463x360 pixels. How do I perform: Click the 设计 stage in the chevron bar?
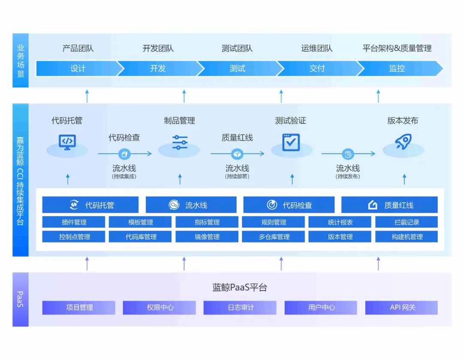pyautogui.click(x=78, y=68)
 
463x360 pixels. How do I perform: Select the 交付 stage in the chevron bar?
pyautogui.click(x=317, y=68)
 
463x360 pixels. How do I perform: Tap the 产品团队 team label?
pyautogui.click(x=78, y=48)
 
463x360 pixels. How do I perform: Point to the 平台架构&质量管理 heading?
pyautogui.click(x=397, y=48)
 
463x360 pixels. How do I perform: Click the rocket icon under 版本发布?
pyautogui.click(x=403, y=142)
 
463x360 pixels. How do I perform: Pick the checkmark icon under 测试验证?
pyautogui.click(x=291, y=142)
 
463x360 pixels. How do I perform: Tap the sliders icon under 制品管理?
pyautogui.click(x=180, y=142)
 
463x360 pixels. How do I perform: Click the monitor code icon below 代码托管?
pyautogui.click(x=67, y=141)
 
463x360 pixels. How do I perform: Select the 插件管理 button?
pyautogui.click(x=74, y=222)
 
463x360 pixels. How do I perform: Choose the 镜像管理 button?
pyautogui.click(x=207, y=237)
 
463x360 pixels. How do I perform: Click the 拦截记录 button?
pyautogui.click(x=406, y=222)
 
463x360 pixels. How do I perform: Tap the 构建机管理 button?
pyautogui.click(x=406, y=237)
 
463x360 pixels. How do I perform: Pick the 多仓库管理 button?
pyautogui.click(x=274, y=237)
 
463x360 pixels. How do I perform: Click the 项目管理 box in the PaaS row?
pyautogui.click(x=79, y=307)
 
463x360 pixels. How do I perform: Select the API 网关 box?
pyautogui.click(x=401, y=307)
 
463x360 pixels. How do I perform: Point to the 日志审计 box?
pyautogui.click(x=240, y=307)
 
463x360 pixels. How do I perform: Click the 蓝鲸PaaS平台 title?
pyautogui.click(x=240, y=288)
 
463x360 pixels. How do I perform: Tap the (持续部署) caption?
pyautogui.click(x=237, y=176)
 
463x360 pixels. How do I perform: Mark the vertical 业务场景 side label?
pyautogui.click(x=21, y=60)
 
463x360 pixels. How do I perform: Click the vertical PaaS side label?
pyautogui.click(x=21, y=299)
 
